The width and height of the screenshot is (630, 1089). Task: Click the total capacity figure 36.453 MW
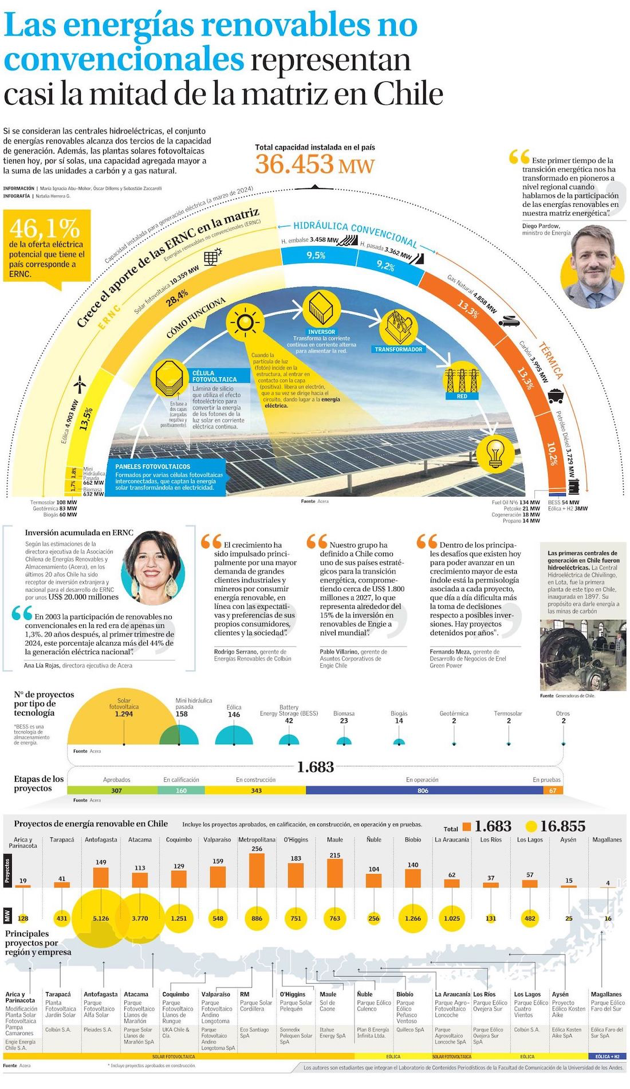point(314,164)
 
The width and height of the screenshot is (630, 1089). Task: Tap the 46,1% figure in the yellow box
point(44,228)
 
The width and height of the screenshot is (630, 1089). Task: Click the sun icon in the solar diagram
point(245,323)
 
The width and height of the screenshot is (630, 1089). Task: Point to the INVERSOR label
point(321,332)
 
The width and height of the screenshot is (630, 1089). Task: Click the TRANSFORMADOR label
point(399,349)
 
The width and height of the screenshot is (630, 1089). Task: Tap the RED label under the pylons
point(462,396)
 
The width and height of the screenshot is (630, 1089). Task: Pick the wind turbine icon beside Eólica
point(81,383)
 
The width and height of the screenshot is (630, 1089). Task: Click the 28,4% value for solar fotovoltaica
point(177,297)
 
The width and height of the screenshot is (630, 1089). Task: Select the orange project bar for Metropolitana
point(257,870)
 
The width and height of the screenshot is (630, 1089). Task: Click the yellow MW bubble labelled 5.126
point(101,918)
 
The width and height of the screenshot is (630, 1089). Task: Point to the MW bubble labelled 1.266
point(413,918)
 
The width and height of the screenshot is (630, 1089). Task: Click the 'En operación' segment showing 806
point(423,791)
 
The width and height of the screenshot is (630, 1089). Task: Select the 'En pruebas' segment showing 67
point(553,791)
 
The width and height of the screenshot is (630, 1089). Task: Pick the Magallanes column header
point(607,840)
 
